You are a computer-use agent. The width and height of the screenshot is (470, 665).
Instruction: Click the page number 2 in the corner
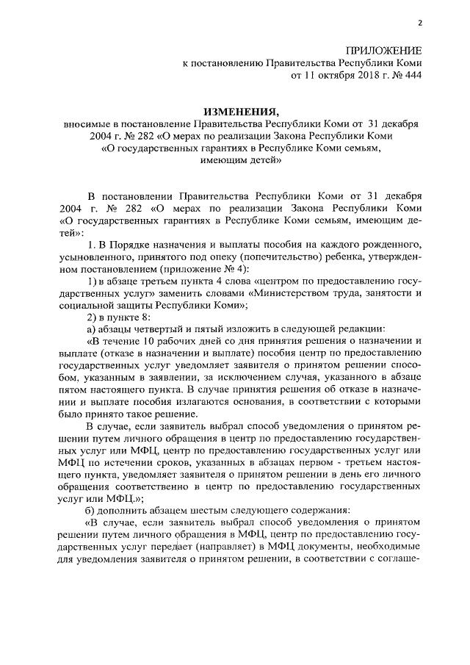(x=420, y=22)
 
